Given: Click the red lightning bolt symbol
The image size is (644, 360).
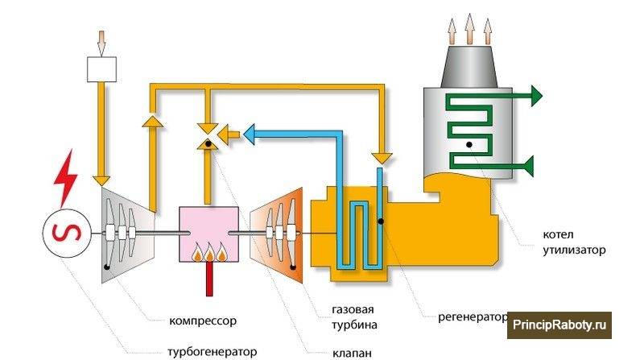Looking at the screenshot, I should (64, 180).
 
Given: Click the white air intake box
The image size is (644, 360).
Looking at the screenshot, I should (103, 69).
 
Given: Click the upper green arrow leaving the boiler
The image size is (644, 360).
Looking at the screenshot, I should (533, 96).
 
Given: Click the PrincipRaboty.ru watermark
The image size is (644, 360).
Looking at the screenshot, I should (561, 326).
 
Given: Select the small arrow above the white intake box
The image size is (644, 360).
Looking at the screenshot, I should (102, 39).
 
